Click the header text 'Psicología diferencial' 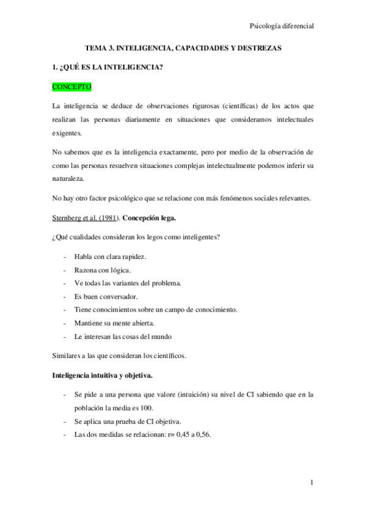[x=282, y=26]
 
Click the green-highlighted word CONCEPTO [x=71, y=87]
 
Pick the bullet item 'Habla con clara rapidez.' [x=109, y=256]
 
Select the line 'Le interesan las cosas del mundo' [x=122, y=337]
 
